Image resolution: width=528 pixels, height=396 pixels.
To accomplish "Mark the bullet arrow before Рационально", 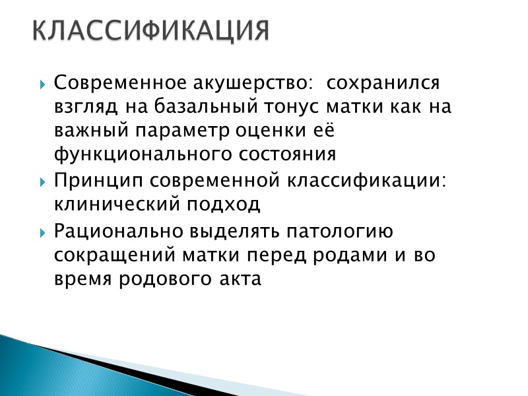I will [x=43, y=232].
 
